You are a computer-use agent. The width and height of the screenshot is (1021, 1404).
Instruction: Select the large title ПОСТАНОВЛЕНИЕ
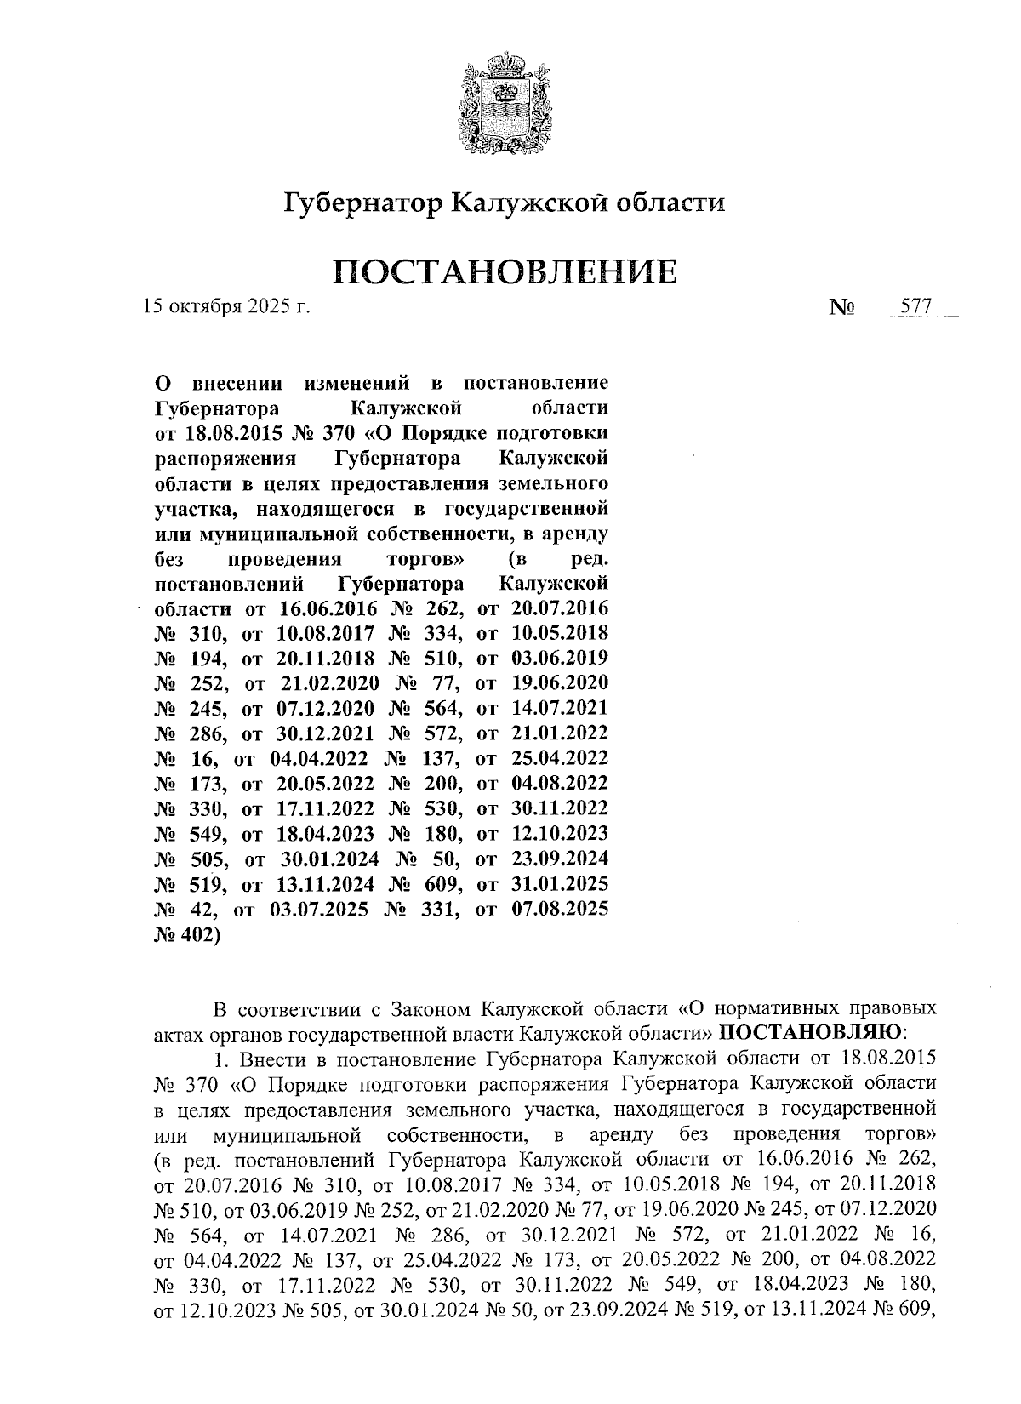[505, 272]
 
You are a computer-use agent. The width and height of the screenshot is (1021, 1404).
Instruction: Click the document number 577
[915, 306]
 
